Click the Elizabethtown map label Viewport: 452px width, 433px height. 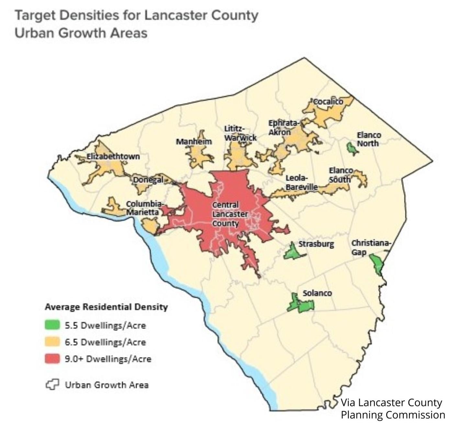(x=113, y=156)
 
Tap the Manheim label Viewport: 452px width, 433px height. (x=194, y=142)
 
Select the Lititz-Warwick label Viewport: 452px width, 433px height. (x=240, y=133)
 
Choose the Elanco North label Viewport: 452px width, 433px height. (x=369, y=139)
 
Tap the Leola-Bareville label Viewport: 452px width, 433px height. (x=301, y=182)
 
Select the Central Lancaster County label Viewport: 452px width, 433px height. (x=230, y=214)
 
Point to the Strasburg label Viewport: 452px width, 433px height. (x=316, y=244)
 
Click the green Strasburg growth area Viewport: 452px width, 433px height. (x=293, y=252)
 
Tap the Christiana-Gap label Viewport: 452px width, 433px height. (x=371, y=247)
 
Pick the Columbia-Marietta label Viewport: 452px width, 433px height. (x=144, y=208)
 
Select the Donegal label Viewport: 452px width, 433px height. (x=148, y=179)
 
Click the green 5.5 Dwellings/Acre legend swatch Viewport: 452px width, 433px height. (x=52, y=325)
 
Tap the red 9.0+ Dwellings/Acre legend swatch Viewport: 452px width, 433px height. (x=52, y=359)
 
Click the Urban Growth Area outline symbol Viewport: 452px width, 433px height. (x=52, y=384)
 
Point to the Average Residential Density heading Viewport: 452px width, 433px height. (x=106, y=307)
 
